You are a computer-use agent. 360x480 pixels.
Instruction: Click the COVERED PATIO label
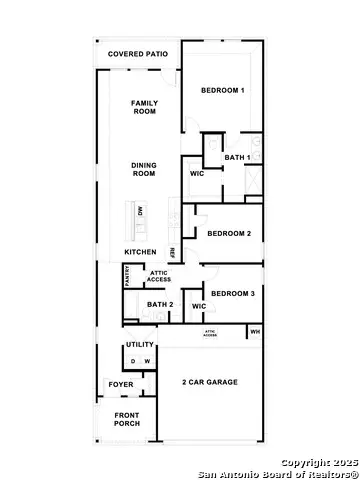(x=137, y=52)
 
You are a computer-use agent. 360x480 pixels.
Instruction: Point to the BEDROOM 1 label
(x=223, y=91)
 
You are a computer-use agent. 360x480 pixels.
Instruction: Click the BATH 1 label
(x=237, y=157)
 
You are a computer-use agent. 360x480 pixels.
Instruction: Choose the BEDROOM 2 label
(x=229, y=234)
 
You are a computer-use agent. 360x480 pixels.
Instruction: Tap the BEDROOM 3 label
(x=233, y=294)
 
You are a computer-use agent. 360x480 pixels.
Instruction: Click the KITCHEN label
(x=140, y=251)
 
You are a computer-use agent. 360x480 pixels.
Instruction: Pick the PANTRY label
(x=128, y=276)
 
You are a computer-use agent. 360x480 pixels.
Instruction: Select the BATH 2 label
(x=160, y=305)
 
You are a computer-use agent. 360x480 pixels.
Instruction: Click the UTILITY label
(x=140, y=345)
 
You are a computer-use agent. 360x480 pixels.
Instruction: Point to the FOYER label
(x=120, y=384)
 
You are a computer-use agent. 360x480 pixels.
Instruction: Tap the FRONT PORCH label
(x=127, y=419)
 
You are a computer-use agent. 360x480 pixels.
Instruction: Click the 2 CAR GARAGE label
(x=210, y=383)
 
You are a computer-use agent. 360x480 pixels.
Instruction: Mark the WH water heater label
(x=255, y=331)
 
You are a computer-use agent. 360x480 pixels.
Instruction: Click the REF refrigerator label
(x=172, y=252)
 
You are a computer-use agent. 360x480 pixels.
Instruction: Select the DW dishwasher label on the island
(x=141, y=211)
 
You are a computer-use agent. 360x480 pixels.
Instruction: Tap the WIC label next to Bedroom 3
(x=198, y=306)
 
